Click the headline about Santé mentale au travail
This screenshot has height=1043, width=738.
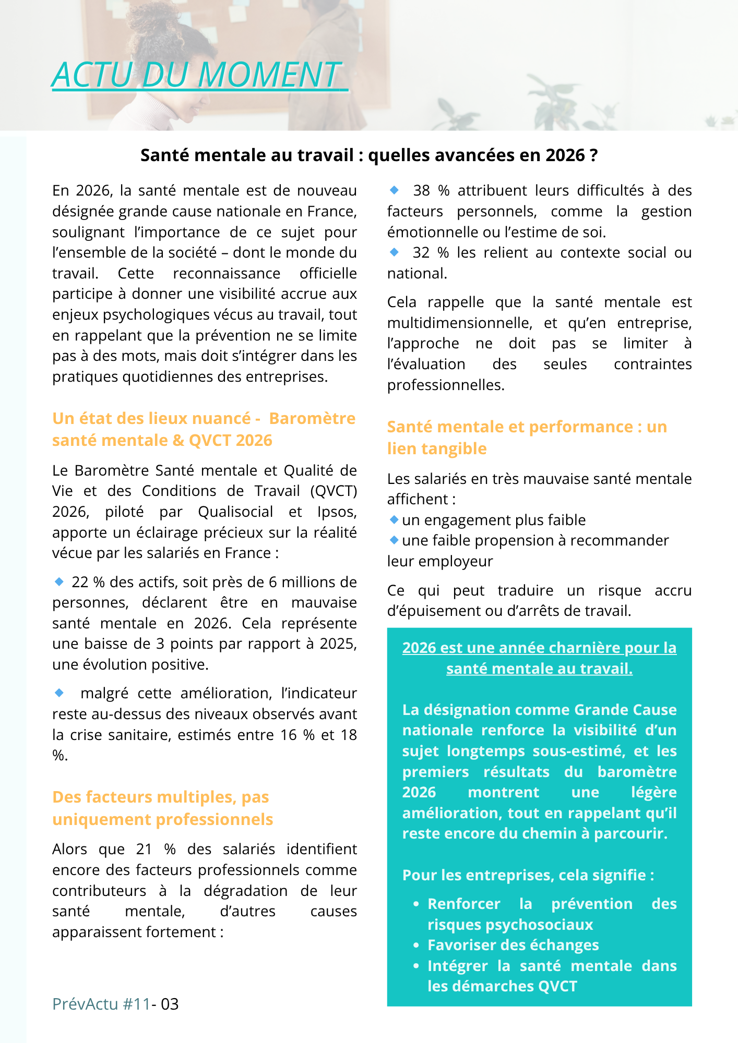[369, 155]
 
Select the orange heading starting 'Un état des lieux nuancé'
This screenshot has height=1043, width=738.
[204, 429]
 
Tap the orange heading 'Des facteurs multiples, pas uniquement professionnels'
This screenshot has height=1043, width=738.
[162, 808]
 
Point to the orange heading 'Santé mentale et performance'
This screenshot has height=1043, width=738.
[527, 437]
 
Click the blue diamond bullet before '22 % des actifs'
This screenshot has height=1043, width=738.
[59, 581]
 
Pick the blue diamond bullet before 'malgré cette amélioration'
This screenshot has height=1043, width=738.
[59, 693]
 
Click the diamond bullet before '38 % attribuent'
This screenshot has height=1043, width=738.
[394, 190]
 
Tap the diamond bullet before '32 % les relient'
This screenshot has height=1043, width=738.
[394, 252]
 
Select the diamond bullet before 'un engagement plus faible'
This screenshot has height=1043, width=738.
[394, 519]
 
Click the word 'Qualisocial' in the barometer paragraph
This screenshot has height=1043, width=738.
[235, 512]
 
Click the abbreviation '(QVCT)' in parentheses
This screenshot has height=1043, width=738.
[334, 491]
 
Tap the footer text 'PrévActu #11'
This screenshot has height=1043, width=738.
[101, 1004]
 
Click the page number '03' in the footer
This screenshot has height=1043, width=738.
[170, 1004]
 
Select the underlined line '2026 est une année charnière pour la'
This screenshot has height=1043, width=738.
[539, 648]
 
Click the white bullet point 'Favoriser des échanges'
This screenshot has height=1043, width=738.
[513, 945]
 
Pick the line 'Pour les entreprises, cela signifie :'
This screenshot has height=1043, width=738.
[528, 875]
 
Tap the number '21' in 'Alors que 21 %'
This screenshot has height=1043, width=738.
[144, 849]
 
